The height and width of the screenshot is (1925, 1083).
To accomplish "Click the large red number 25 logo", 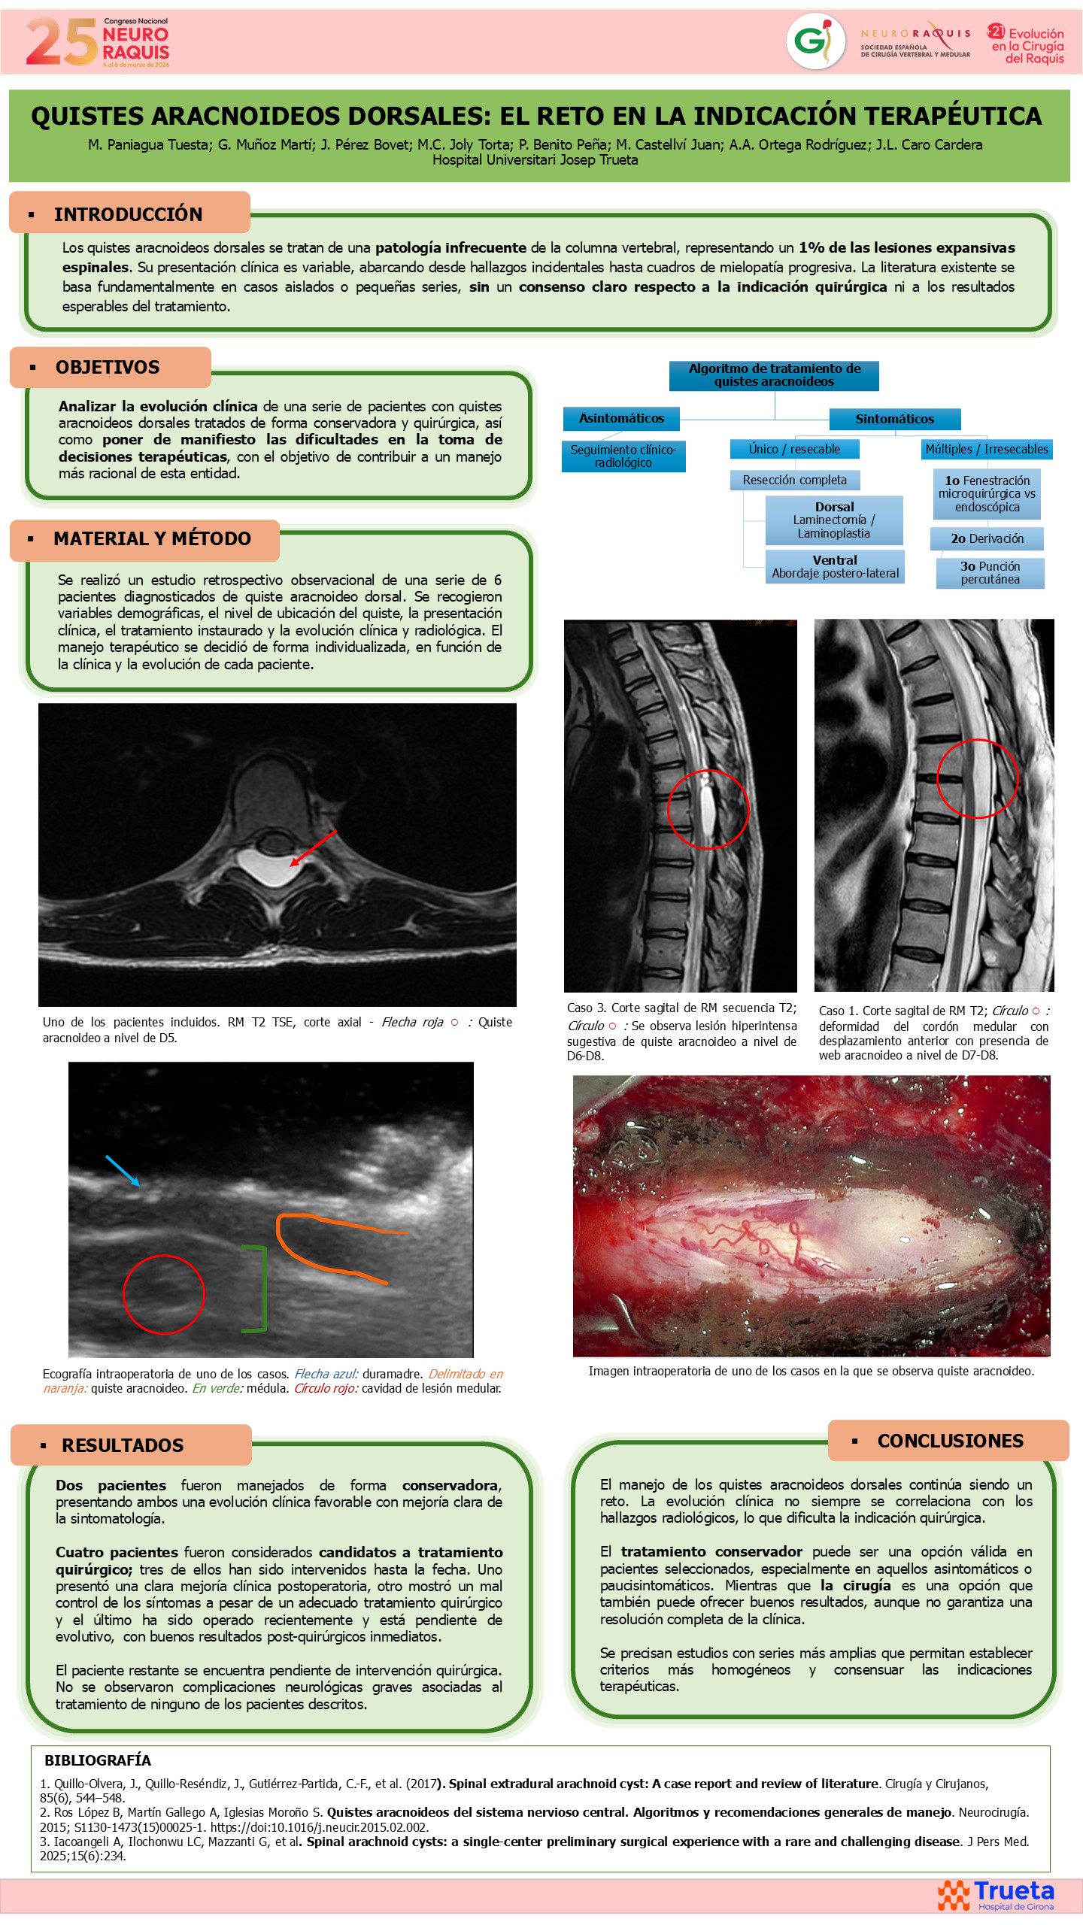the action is coord(62,42).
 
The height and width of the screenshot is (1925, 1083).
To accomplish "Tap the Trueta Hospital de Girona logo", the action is coord(996,1895).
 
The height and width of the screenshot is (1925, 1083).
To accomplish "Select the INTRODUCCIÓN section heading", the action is coord(128,214).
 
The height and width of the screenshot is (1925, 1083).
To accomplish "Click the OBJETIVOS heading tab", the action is coord(111,368).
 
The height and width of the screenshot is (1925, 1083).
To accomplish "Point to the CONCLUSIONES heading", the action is coord(950,1441).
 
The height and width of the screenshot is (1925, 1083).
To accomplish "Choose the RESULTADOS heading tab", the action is coord(131,1445).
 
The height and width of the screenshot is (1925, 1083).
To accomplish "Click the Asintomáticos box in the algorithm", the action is coord(621,418).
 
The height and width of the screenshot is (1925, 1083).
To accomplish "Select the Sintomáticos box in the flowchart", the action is coord(895,419).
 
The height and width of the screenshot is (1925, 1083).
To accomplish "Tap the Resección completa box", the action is coord(795,480).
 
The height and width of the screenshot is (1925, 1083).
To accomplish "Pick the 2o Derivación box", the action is coord(987,538).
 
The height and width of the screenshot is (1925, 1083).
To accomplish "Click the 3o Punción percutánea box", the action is coord(990,573).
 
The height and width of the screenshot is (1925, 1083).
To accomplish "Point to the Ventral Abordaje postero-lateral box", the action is coord(835,567).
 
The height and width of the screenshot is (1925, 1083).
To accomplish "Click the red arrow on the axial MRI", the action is coord(313,848).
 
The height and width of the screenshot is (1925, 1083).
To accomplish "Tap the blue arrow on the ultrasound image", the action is coord(123,1171).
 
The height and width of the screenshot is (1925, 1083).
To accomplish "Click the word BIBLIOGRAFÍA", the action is coord(98,1760).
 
